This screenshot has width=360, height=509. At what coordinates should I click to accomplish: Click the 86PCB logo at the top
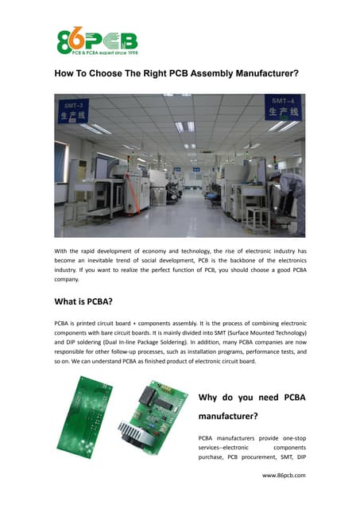pos(97,39)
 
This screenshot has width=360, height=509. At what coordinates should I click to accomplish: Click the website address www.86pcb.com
pos(284,475)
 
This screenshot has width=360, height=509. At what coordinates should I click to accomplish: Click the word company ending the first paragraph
pos(67,280)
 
